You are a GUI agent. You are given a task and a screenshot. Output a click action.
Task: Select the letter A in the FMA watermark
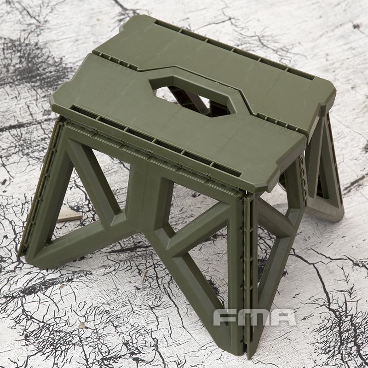coord(282,317)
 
